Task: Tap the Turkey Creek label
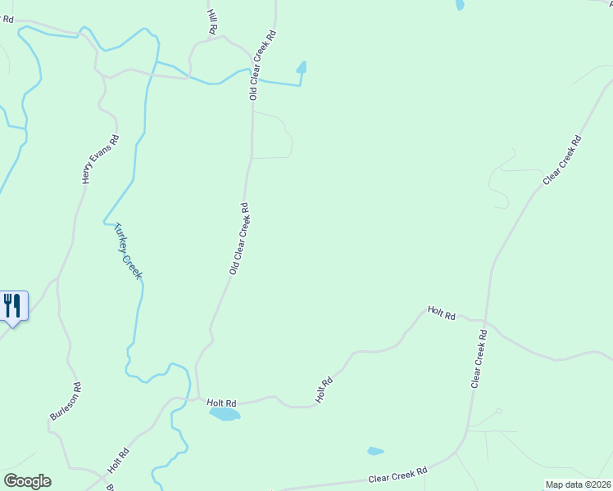[x=128, y=251]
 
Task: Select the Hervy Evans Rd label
[x=102, y=159]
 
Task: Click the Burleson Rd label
[x=66, y=401]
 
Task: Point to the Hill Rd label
[x=212, y=21]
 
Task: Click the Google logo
[x=27, y=481]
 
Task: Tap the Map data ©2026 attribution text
[x=578, y=484]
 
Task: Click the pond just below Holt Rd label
[x=225, y=414]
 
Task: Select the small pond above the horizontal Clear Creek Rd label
[x=375, y=451]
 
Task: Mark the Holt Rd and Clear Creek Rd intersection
[x=485, y=322]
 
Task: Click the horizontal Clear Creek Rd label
[x=398, y=474]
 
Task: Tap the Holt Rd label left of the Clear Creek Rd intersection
[x=441, y=312]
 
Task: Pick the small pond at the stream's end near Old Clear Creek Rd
[x=302, y=68]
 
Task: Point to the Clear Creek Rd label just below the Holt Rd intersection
[x=479, y=358]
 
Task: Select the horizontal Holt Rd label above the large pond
[x=221, y=403]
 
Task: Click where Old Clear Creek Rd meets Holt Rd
[x=198, y=399]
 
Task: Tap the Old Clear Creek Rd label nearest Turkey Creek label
[x=239, y=238]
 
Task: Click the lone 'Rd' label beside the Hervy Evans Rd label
[x=8, y=19]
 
